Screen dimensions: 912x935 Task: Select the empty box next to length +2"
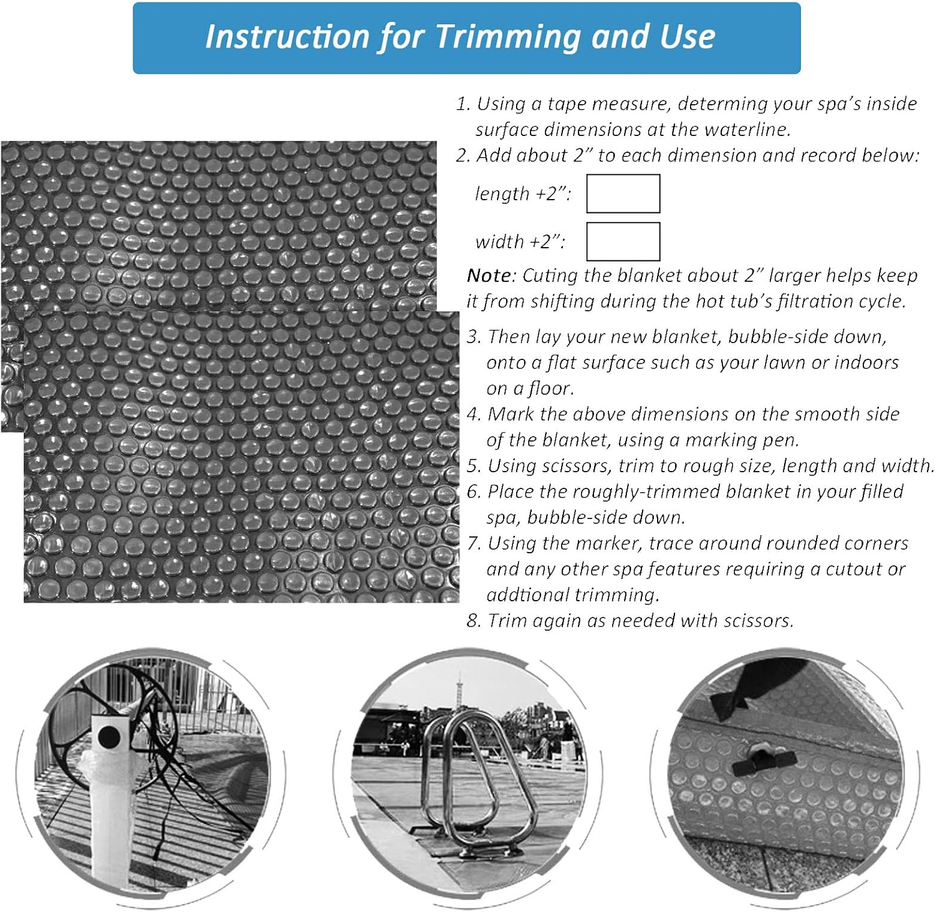[x=623, y=193]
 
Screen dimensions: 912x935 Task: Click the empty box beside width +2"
[x=623, y=241]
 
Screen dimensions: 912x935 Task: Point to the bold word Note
[x=490, y=276]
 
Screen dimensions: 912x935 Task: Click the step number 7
[x=474, y=543]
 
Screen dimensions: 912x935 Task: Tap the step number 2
[x=462, y=155]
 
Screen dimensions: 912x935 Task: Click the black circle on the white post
[x=109, y=737]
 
